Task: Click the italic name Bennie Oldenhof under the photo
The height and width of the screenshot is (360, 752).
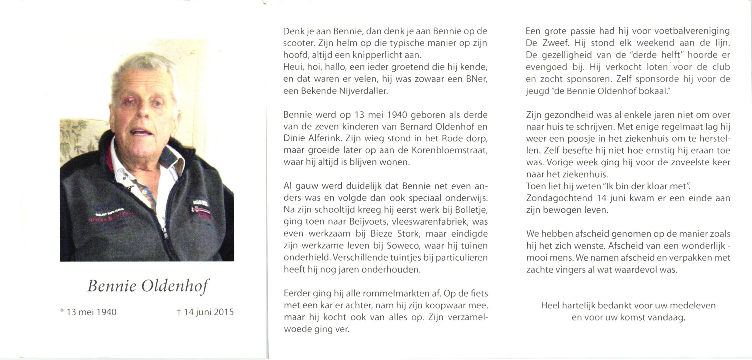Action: (148, 286)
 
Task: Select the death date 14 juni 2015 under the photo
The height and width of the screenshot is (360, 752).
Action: (205, 312)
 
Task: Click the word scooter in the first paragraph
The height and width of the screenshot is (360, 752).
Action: (298, 43)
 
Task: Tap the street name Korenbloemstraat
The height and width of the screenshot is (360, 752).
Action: (449, 150)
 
